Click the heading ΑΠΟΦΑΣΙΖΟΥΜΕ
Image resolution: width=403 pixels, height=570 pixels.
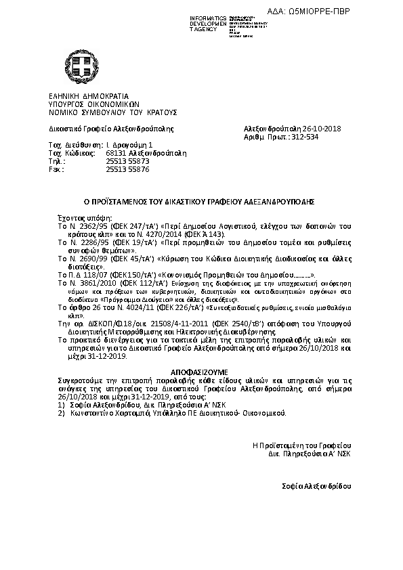click(201, 372)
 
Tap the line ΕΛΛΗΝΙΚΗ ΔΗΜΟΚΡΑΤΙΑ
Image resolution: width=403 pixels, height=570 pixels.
click(88, 96)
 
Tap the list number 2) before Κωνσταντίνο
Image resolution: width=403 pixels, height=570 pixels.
click(61, 412)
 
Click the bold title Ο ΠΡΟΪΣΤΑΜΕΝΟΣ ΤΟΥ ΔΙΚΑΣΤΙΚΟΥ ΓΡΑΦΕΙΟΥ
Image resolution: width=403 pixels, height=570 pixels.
click(201, 201)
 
